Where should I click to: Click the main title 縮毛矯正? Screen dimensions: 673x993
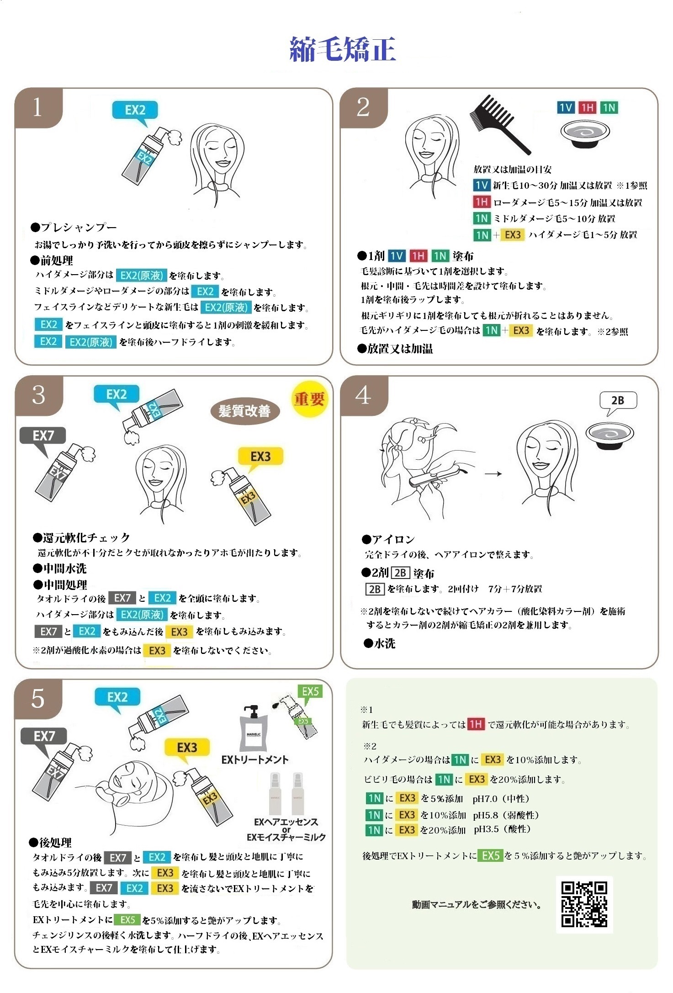click(343, 49)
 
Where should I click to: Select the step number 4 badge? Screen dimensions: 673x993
click(364, 395)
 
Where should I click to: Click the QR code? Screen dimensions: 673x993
click(584, 904)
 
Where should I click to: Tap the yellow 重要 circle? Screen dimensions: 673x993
click(309, 399)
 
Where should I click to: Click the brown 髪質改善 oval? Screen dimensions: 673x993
click(244, 411)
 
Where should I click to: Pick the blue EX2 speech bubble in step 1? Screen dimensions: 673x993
click(135, 112)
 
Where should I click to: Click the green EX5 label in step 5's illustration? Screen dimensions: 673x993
click(310, 691)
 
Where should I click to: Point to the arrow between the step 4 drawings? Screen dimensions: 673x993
click(493, 474)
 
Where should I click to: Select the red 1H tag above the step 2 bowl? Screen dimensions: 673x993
click(587, 107)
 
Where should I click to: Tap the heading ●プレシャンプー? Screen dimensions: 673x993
click(74, 227)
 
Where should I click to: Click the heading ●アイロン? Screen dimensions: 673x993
click(388, 540)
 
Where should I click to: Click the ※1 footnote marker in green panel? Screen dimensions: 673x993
click(366, 710)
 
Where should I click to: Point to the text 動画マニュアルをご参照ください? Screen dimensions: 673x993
click(477, 904)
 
